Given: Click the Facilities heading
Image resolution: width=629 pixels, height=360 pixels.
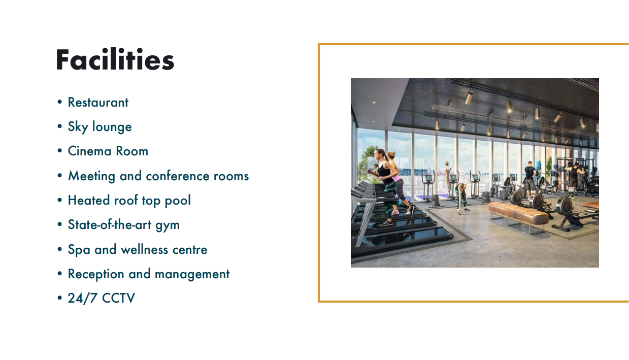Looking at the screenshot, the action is [x=115, y=59].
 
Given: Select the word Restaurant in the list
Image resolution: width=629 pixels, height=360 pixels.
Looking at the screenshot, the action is [x=98, y=102].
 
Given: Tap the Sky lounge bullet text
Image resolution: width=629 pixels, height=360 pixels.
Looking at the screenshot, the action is [x=100, y=127].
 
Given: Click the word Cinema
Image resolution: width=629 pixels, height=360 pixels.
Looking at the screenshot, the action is [x=89, y=151].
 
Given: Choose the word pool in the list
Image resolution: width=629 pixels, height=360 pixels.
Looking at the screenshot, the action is [x=178, y=201].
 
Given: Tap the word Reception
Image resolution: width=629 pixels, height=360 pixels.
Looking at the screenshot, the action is [x=96, y=274].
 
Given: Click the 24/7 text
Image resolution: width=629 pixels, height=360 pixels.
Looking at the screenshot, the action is [x=83, y=298].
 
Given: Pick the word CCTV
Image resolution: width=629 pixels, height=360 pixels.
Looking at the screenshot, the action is [x=118, y=298].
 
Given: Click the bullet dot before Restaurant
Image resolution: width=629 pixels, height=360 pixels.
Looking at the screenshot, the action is [x=59, y=102].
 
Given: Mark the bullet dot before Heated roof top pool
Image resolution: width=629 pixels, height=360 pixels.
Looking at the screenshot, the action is [x=59, y=200].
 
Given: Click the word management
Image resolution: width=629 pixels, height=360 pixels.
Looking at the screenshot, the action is [x=192, y=274].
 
